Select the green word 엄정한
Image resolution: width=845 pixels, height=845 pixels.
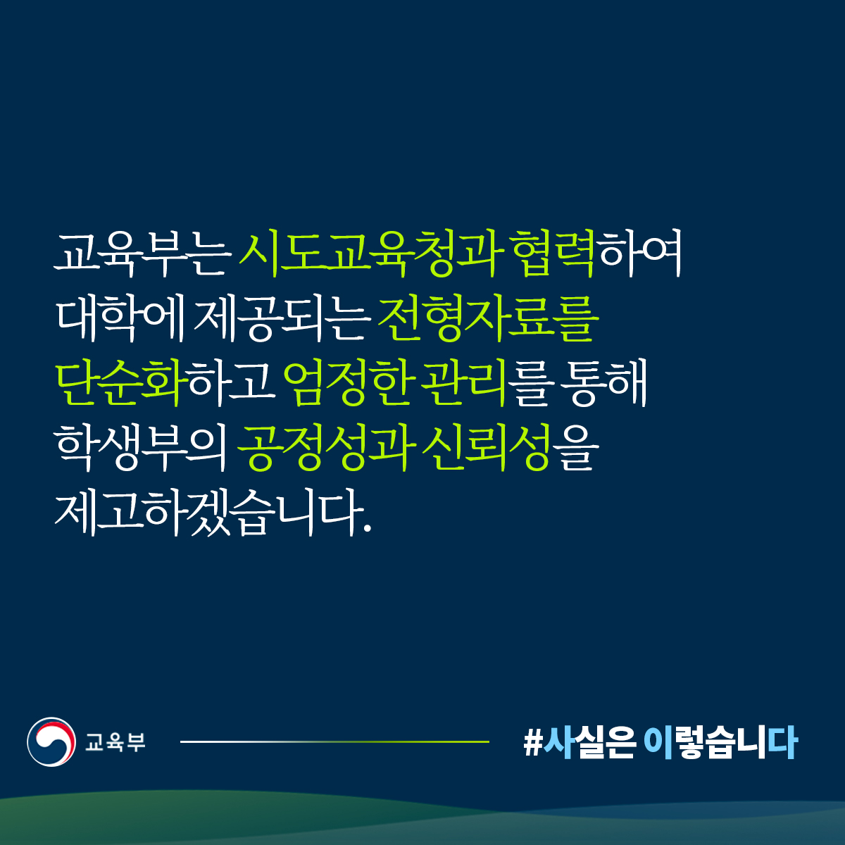click(348, 382)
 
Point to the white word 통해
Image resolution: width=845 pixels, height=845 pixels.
click(603, 382)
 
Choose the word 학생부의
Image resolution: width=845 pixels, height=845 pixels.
click(141, 447)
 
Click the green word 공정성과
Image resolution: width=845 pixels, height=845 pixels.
click(326, 447)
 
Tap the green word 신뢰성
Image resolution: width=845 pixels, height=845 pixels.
click(487, 447)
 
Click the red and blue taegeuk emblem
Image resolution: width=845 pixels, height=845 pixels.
click(51, 742)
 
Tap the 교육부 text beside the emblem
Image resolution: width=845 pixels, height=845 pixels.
click(115, 742)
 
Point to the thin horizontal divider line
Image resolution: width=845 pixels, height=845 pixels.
click(334, 742)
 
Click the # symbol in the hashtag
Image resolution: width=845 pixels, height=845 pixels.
click(533, 743)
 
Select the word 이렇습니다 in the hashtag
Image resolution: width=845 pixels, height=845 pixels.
click(720, 742)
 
